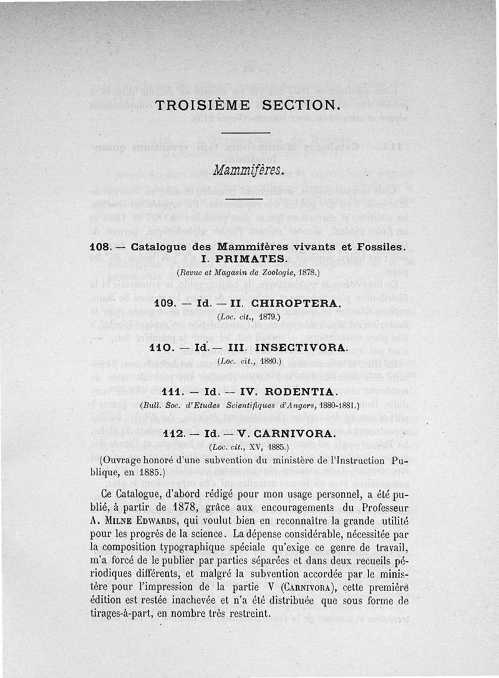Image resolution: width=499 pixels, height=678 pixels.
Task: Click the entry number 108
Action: coord(100,247)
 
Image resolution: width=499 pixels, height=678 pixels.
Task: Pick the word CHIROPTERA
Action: coord(298,303)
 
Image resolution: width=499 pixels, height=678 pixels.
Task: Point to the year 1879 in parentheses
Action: coord(269,317)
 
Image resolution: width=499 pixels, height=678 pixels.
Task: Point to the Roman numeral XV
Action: coord(251,447)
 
